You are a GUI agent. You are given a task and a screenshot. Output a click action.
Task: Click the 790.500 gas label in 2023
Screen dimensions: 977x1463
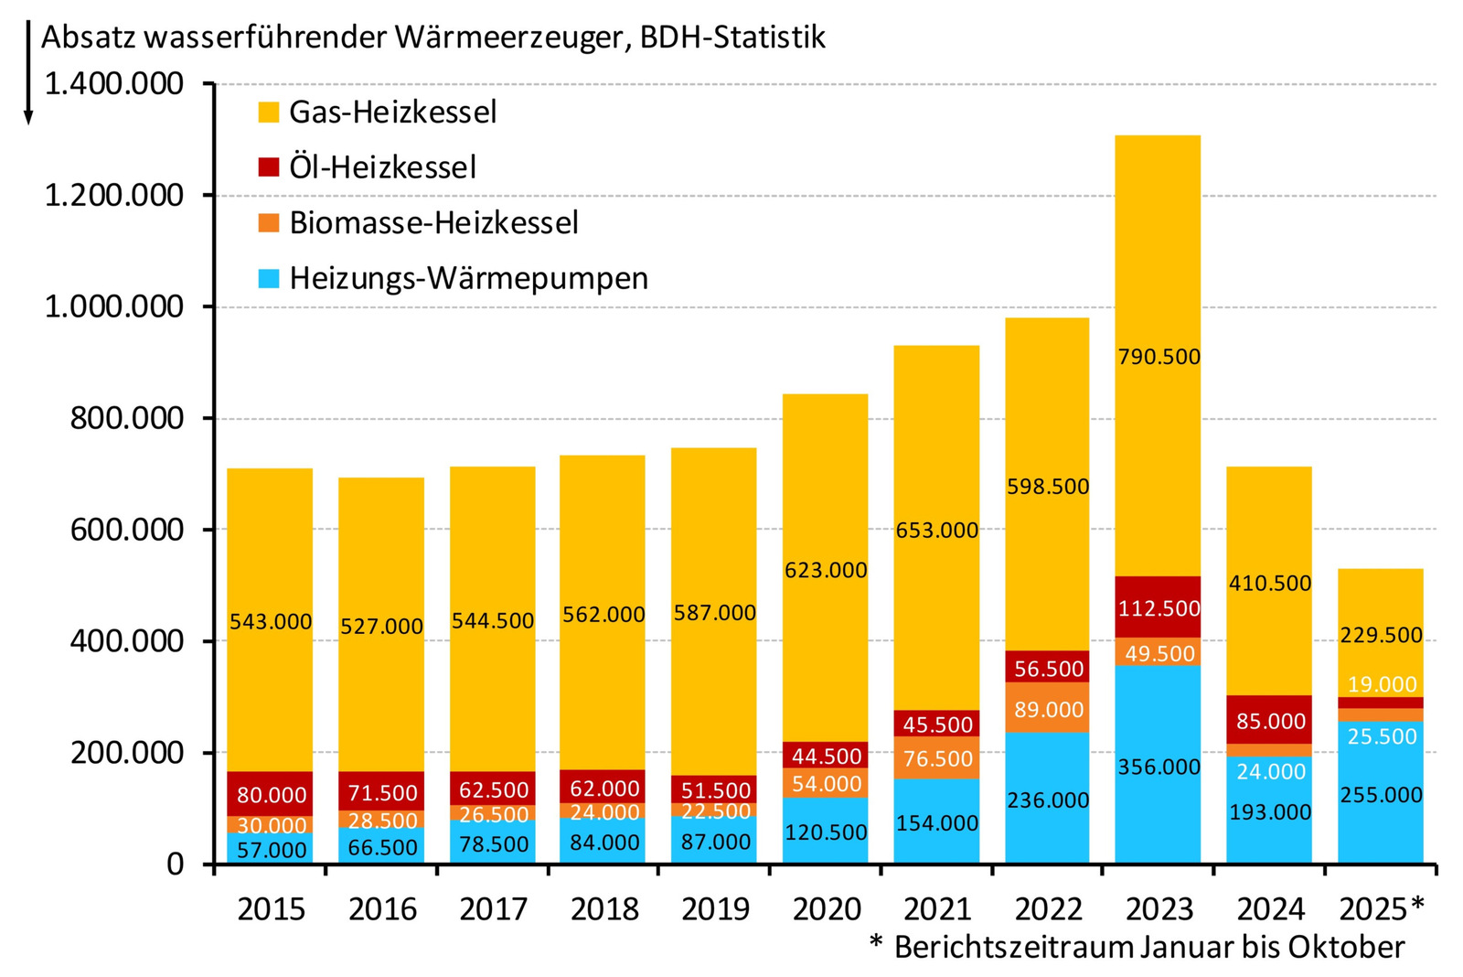[1159, 357]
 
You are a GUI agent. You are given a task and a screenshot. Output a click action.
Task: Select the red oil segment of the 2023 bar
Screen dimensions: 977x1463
[1159, 607]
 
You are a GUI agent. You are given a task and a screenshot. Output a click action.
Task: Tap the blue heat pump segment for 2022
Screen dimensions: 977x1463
[1047, 798]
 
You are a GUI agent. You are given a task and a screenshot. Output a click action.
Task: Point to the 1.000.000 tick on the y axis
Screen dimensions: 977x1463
[113, 306]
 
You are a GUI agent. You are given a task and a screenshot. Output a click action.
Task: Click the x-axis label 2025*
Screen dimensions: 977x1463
[1381, 908]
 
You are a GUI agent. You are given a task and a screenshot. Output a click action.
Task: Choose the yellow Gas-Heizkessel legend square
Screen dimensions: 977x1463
[268, 112]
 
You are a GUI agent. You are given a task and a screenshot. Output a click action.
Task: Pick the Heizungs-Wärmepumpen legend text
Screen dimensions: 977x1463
[468, 278]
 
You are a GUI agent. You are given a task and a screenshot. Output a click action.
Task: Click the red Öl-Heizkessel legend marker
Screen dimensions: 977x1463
[268, 167]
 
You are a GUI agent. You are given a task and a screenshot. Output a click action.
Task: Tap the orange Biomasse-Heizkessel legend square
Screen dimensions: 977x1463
[268, 222]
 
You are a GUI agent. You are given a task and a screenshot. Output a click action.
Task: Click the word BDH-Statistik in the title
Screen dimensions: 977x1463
[732, 37]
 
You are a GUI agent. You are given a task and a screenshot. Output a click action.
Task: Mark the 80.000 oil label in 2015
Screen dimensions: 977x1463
[272, 794]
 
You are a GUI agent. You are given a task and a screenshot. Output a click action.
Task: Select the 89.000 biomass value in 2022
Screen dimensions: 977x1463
[1048, 709]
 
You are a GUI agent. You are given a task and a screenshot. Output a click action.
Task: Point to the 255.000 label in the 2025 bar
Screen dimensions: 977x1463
[1381, 795]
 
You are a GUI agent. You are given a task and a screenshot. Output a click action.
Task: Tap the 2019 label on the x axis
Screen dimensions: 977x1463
[715, 908]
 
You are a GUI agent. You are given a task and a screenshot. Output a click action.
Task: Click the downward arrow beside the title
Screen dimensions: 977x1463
[28, 73]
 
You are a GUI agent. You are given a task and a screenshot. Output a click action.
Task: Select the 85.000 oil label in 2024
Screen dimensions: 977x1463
[1270, 721]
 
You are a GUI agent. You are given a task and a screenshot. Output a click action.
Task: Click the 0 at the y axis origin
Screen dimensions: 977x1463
[176, 864]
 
